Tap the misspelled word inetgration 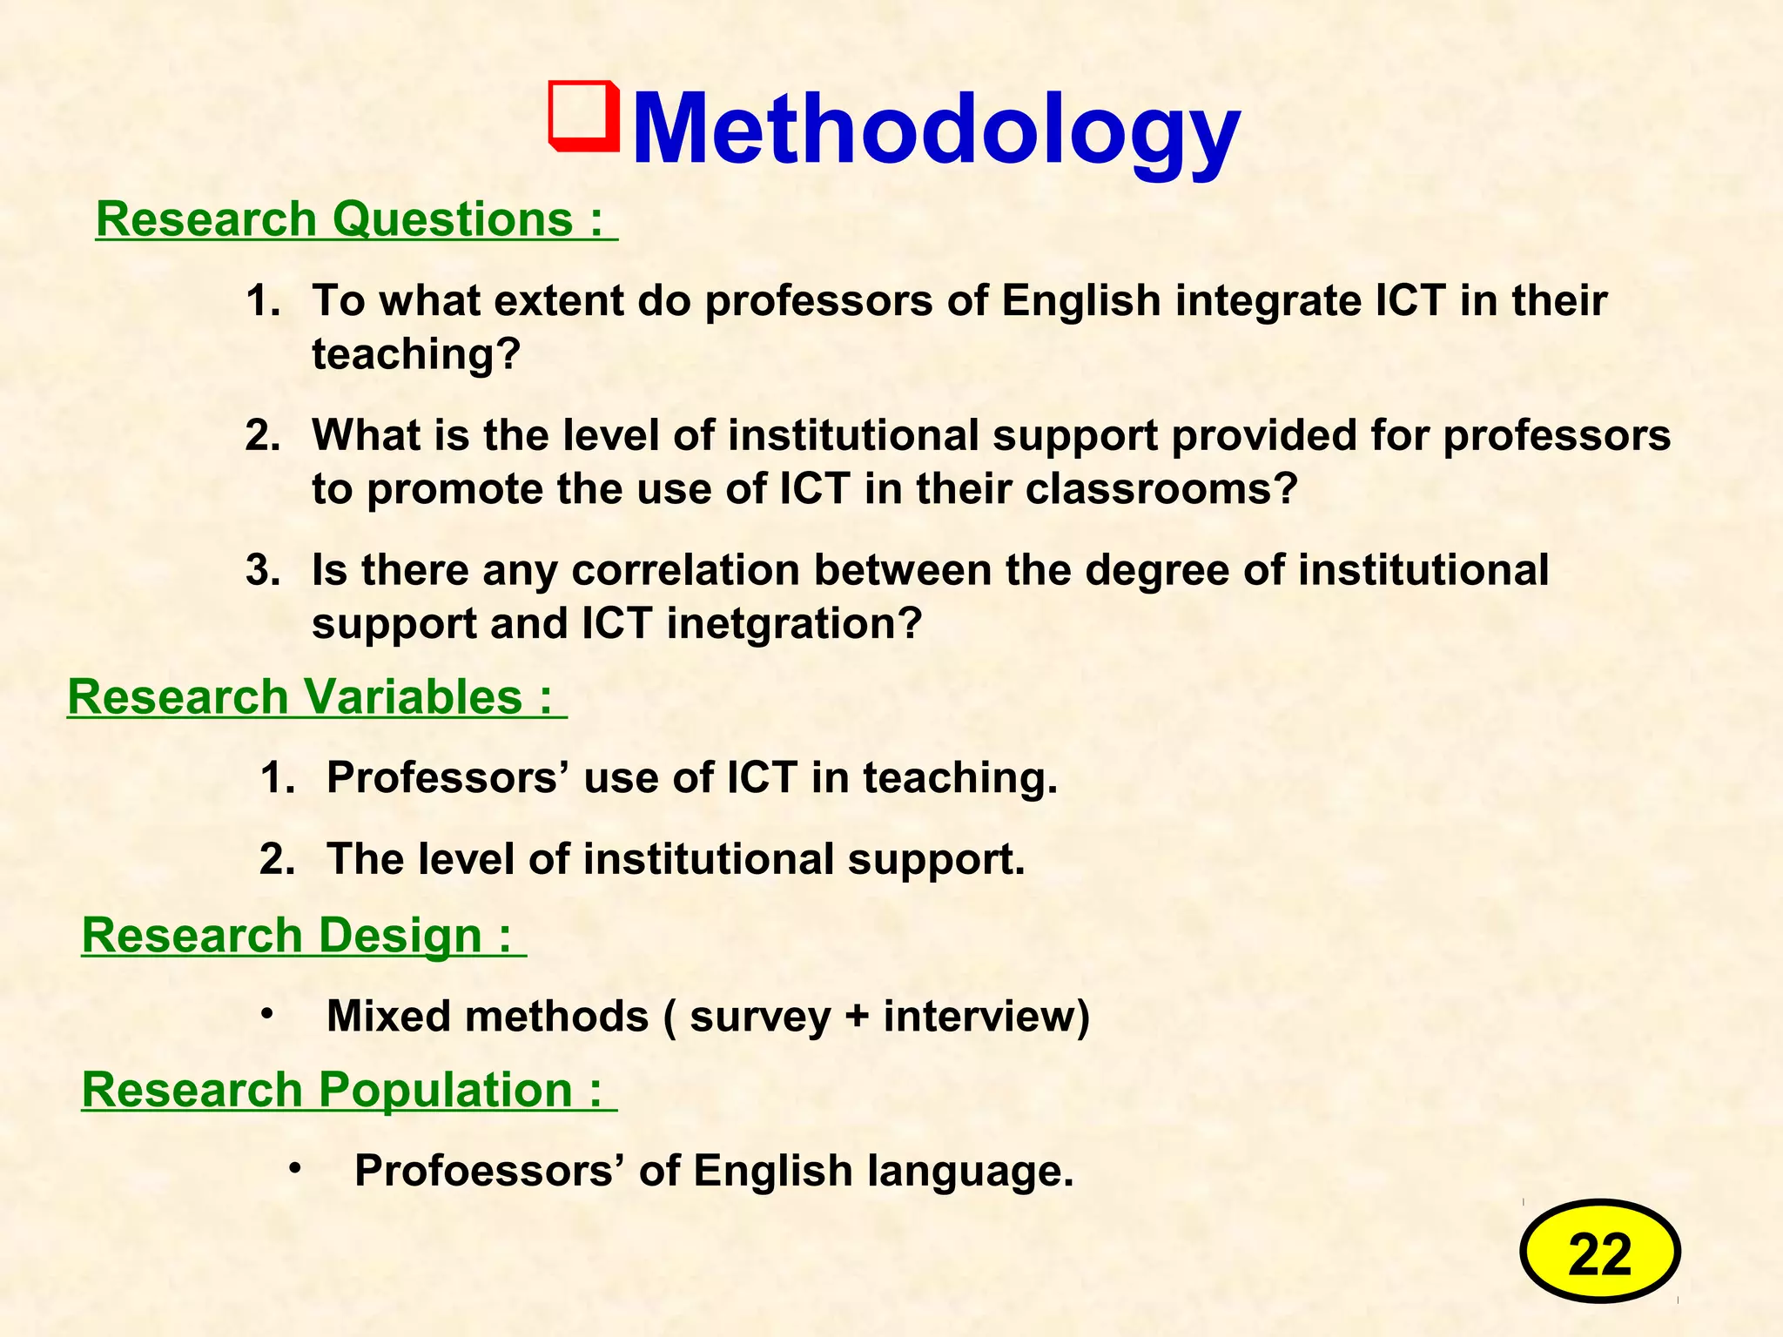(794, 623)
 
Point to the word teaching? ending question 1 (416, 354)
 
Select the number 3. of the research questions (263, 571)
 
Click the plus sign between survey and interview (857, 1017)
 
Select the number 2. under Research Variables (277, 860)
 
